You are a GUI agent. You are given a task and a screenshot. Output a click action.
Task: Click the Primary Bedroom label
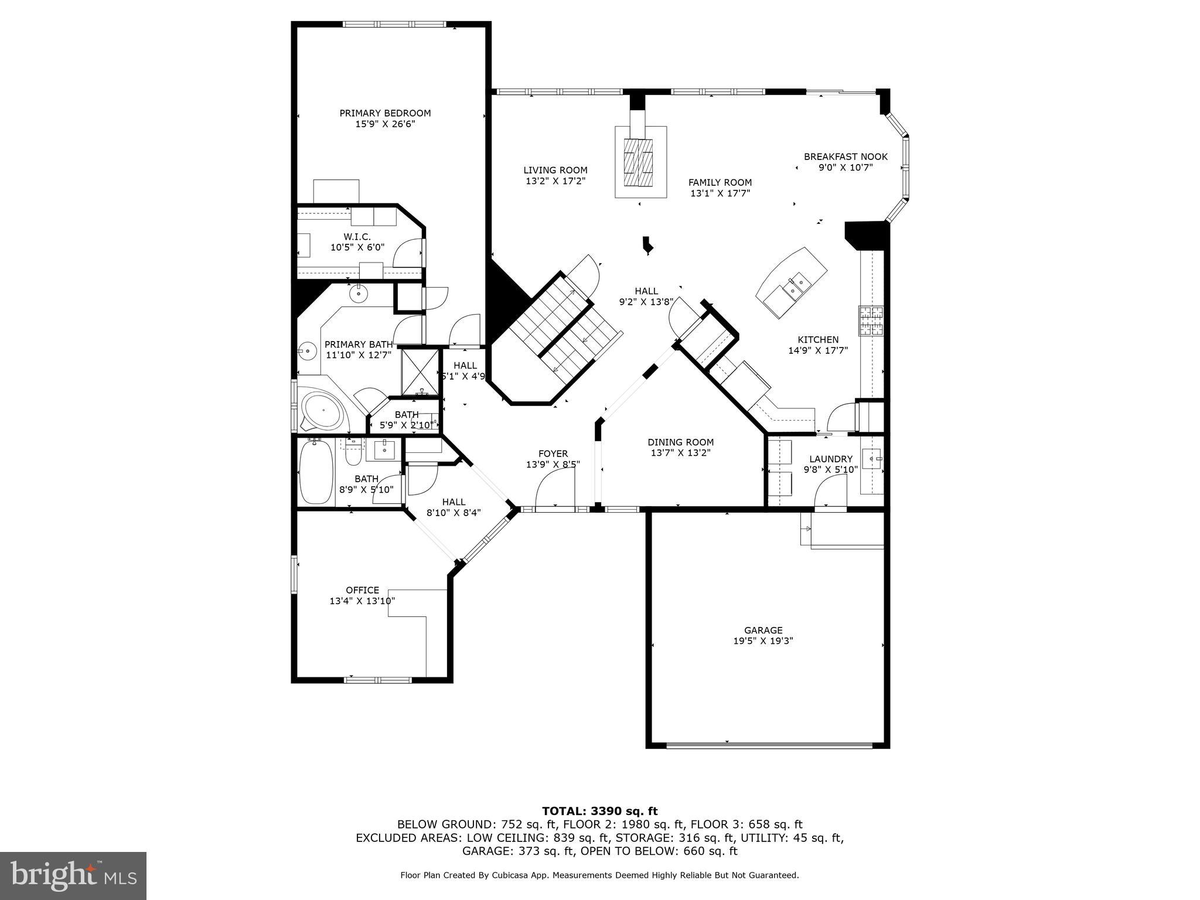point(385,113)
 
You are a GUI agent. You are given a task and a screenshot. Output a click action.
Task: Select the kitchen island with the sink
point(792,284)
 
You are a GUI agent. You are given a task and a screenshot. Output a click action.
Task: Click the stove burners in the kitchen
point(871,321)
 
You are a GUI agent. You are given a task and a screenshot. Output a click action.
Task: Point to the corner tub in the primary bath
point(323,411)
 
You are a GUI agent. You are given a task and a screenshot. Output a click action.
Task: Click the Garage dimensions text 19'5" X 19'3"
point(763,641)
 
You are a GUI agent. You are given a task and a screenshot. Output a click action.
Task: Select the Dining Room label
point(680,442)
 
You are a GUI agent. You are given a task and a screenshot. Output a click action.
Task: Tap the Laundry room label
point(830,459)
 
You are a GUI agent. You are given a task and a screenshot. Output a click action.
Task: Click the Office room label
point(362,590)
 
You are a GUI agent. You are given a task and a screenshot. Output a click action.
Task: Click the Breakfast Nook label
point(846,156)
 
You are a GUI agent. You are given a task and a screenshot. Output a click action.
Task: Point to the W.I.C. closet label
point(357,237)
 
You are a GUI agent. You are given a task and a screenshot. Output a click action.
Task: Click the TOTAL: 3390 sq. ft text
point(599,812)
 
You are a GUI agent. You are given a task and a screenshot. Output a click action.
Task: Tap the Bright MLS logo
point(73,876)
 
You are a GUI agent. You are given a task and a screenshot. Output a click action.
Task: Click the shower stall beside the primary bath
point(420,372)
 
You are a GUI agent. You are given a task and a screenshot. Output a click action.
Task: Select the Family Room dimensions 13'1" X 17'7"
point(720,193)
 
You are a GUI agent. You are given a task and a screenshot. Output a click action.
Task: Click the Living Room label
point(555,171)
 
